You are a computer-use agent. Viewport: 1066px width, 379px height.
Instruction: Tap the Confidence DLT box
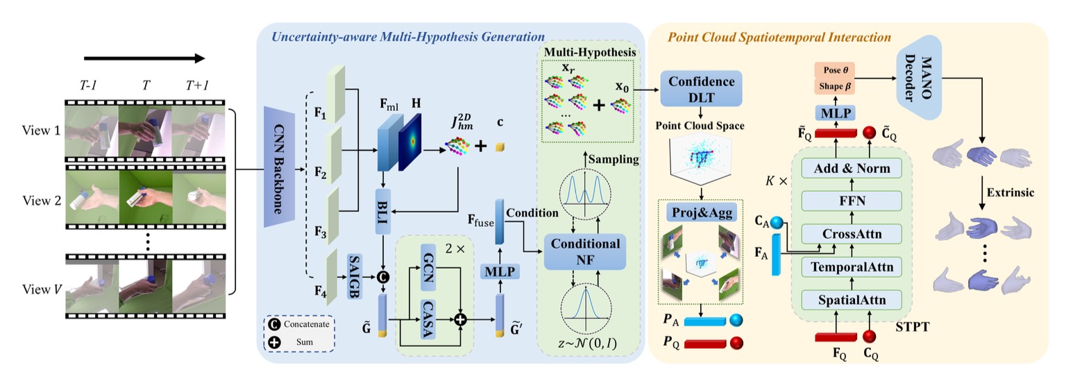pyautogui.click(x=702, y=89)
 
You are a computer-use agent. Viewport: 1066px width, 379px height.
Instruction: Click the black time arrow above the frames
pyautogui.click(x=145, y=58)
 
